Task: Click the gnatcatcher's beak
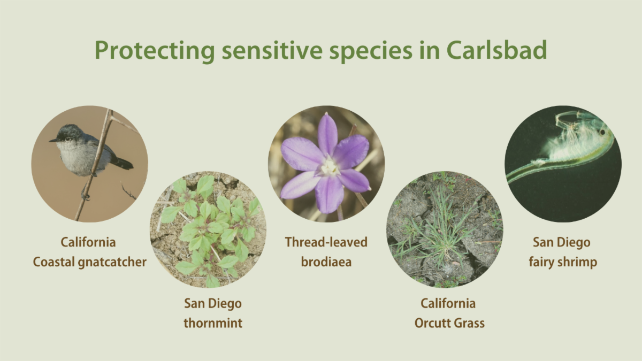(x=53, y=140)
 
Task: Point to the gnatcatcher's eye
(x=67, y=139)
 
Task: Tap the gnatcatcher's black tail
(x=123, y=163)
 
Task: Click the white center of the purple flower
(x=330, y=166)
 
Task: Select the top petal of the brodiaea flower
(x=327, y=134)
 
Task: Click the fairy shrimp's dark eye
(x=602, y=132)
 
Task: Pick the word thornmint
(x=213, y=323)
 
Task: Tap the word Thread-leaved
(x=326, y=242)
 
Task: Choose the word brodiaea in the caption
(x=326, y=262)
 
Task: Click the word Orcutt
(x=430, y=323)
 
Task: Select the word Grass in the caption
(x=467, y=323)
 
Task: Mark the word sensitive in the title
(x=272, y=50)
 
